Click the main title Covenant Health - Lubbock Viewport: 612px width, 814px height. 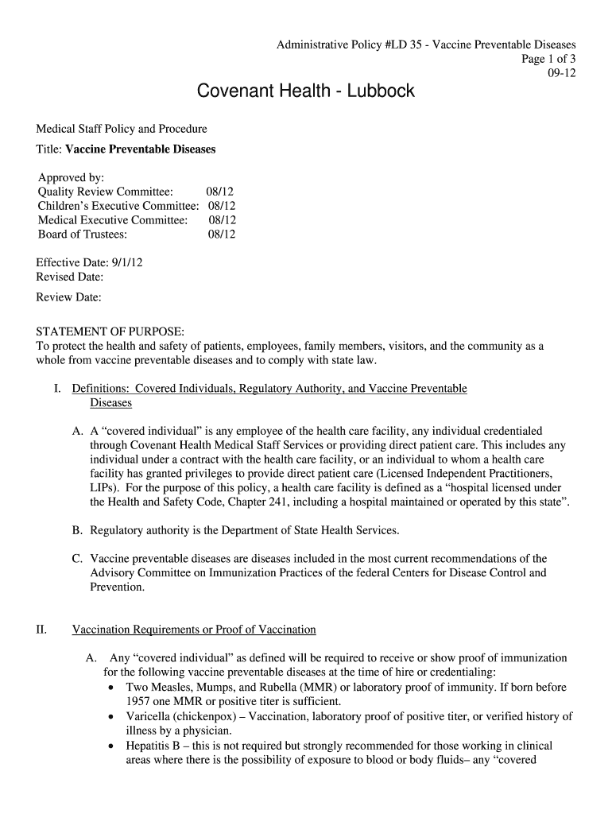306,91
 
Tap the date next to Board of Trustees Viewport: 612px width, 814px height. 222,235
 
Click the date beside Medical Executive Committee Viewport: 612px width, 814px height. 222,220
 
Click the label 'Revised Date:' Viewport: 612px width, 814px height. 70,277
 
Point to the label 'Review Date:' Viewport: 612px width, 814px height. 69,297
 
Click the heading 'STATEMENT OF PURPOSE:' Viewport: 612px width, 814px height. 110,331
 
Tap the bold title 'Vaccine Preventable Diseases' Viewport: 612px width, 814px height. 140,149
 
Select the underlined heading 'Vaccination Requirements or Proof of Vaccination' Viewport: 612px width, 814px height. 194,630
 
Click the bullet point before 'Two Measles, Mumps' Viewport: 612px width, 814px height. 111,688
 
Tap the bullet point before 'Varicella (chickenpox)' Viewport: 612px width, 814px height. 111,717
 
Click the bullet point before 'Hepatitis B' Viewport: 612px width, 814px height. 111,746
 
